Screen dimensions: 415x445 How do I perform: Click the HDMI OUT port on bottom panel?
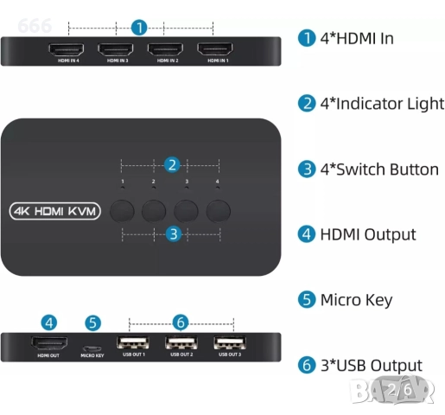tap(48, 342)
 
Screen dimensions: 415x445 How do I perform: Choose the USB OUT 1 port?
tap(133, 342)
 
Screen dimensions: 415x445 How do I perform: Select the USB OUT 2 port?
tap(181, 342)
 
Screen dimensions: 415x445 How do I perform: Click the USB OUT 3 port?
tap(228, 342)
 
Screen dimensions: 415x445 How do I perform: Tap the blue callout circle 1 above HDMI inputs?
tap(140, 27)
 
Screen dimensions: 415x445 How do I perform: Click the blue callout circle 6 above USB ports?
tap(180, 322)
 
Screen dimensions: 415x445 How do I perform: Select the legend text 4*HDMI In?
tap(357, 37)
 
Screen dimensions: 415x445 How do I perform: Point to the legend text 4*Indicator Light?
tap(381, 103)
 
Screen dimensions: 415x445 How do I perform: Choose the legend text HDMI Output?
tap(367, 234)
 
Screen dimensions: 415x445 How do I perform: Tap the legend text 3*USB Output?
tap(371, 366)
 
